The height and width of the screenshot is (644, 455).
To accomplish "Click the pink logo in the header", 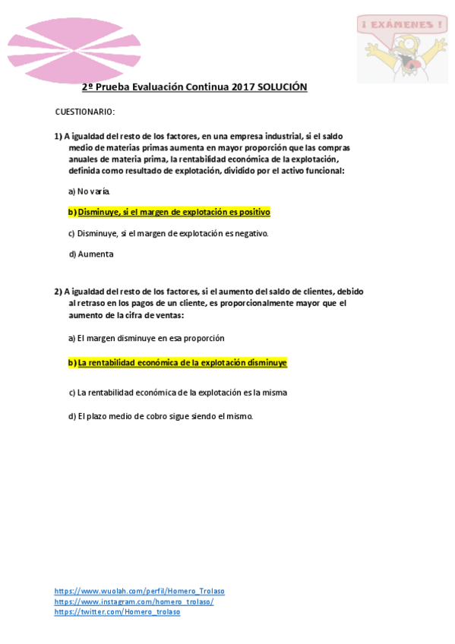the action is (85, 49).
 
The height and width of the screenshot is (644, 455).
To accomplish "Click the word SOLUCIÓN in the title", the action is (282, 87).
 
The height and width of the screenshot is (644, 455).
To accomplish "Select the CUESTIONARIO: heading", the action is (85, 112).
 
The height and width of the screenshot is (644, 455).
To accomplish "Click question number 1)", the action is (58, 137).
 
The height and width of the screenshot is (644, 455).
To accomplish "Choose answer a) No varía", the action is (90, 191).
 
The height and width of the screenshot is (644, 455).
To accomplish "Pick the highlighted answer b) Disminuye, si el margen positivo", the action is (169, 212).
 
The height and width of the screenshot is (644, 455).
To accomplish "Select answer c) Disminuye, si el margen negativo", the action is (168, 233).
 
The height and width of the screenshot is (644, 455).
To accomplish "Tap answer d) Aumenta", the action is (91, 254).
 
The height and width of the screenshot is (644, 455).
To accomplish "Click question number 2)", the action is (58, 292).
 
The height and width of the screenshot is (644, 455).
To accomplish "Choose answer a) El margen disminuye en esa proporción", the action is (147, 338).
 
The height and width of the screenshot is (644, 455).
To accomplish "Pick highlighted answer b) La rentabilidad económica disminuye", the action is (178, 363).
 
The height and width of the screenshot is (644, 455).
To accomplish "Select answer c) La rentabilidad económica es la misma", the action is (178, 393).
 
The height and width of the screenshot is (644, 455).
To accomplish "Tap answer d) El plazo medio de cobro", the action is (160, 416).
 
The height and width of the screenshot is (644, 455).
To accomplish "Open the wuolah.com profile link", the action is (139, 591).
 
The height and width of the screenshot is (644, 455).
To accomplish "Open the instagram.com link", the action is (134, 601).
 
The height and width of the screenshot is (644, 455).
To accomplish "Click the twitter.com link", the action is (117, 611).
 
